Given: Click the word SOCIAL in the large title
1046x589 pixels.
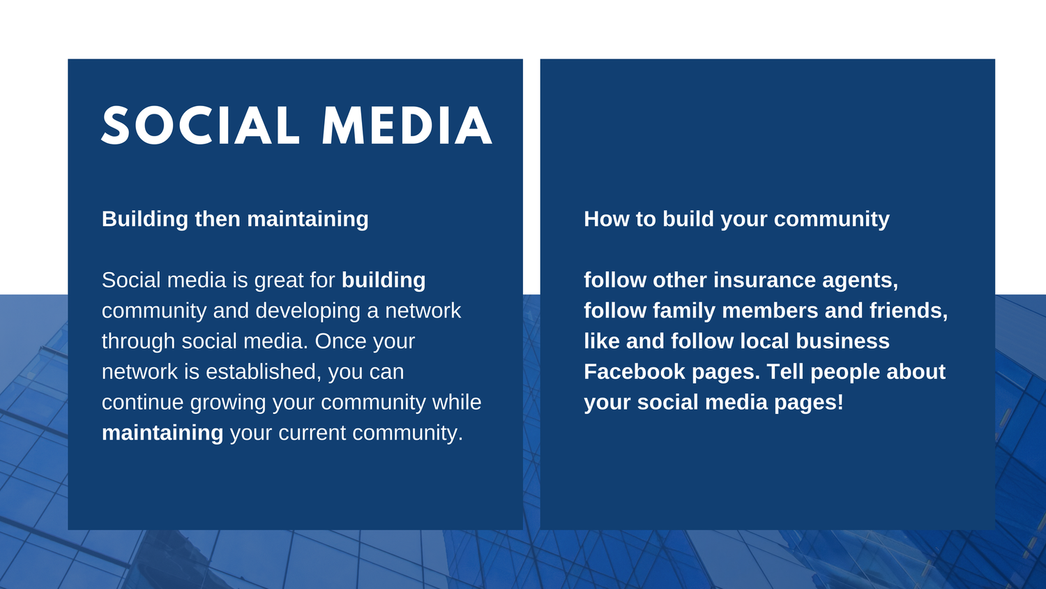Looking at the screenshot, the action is (x=200, y=126).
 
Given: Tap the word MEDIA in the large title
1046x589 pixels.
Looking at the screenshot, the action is (x=407, y=126).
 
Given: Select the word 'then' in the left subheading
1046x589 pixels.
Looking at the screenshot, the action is (x=217, y=218).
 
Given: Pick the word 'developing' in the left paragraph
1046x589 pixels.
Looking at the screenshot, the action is (x=308, y=311).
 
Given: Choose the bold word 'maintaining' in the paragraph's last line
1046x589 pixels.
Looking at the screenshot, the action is (x=162, y=433).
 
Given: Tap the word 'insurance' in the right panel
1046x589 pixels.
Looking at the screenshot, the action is (x=764, y=280).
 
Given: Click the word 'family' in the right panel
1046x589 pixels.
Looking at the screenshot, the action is (x=683, y=311).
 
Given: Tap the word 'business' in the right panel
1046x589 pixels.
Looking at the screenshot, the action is (x=842, y=341).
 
